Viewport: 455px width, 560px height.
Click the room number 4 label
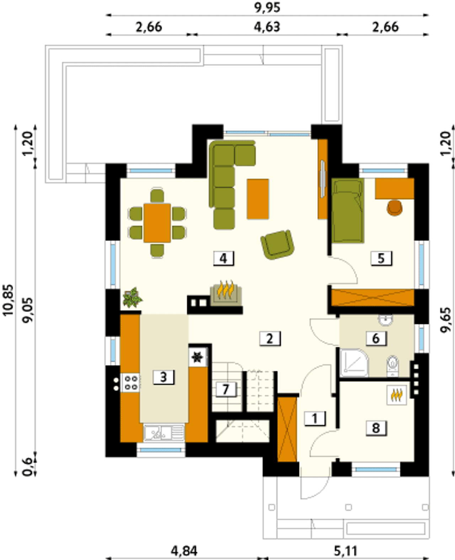[x=224, y=259]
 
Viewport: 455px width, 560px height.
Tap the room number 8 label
[x=376, y=428]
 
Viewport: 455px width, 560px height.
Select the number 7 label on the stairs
[x=226, y=389]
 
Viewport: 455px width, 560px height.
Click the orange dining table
[x=157, y=223]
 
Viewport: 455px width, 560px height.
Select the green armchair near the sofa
[x=277, y=245]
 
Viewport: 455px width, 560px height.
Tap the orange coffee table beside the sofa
[x=258, y=199]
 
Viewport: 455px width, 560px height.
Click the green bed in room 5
[x=348, y=210]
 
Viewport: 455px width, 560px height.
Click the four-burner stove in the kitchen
[x=131, y=383]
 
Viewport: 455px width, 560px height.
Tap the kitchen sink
[x=164, y=433]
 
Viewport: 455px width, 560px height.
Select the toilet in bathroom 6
[x=393, y=365]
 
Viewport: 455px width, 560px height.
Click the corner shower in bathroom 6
[x=354, y=363]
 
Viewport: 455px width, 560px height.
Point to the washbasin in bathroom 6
[x=386, y=320]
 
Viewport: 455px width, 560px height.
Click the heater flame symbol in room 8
[x=397, y=395]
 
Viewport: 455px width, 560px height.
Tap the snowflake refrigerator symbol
[x=197, y=358]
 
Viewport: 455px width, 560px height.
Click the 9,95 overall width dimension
[x=267, y=7]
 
